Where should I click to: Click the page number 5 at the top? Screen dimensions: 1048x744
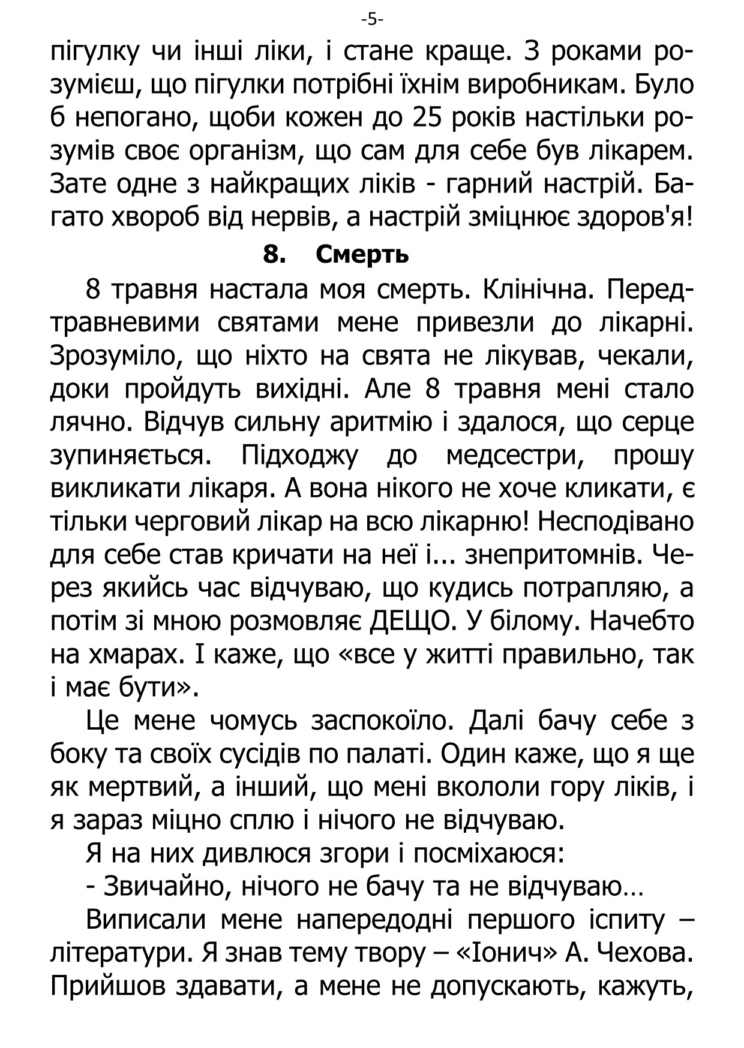pos(372,20)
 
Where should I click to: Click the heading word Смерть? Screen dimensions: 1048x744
pos(362,255)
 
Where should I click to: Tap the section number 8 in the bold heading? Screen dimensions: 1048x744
pos(272,255)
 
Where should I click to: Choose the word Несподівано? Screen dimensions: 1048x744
pos(616,522)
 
